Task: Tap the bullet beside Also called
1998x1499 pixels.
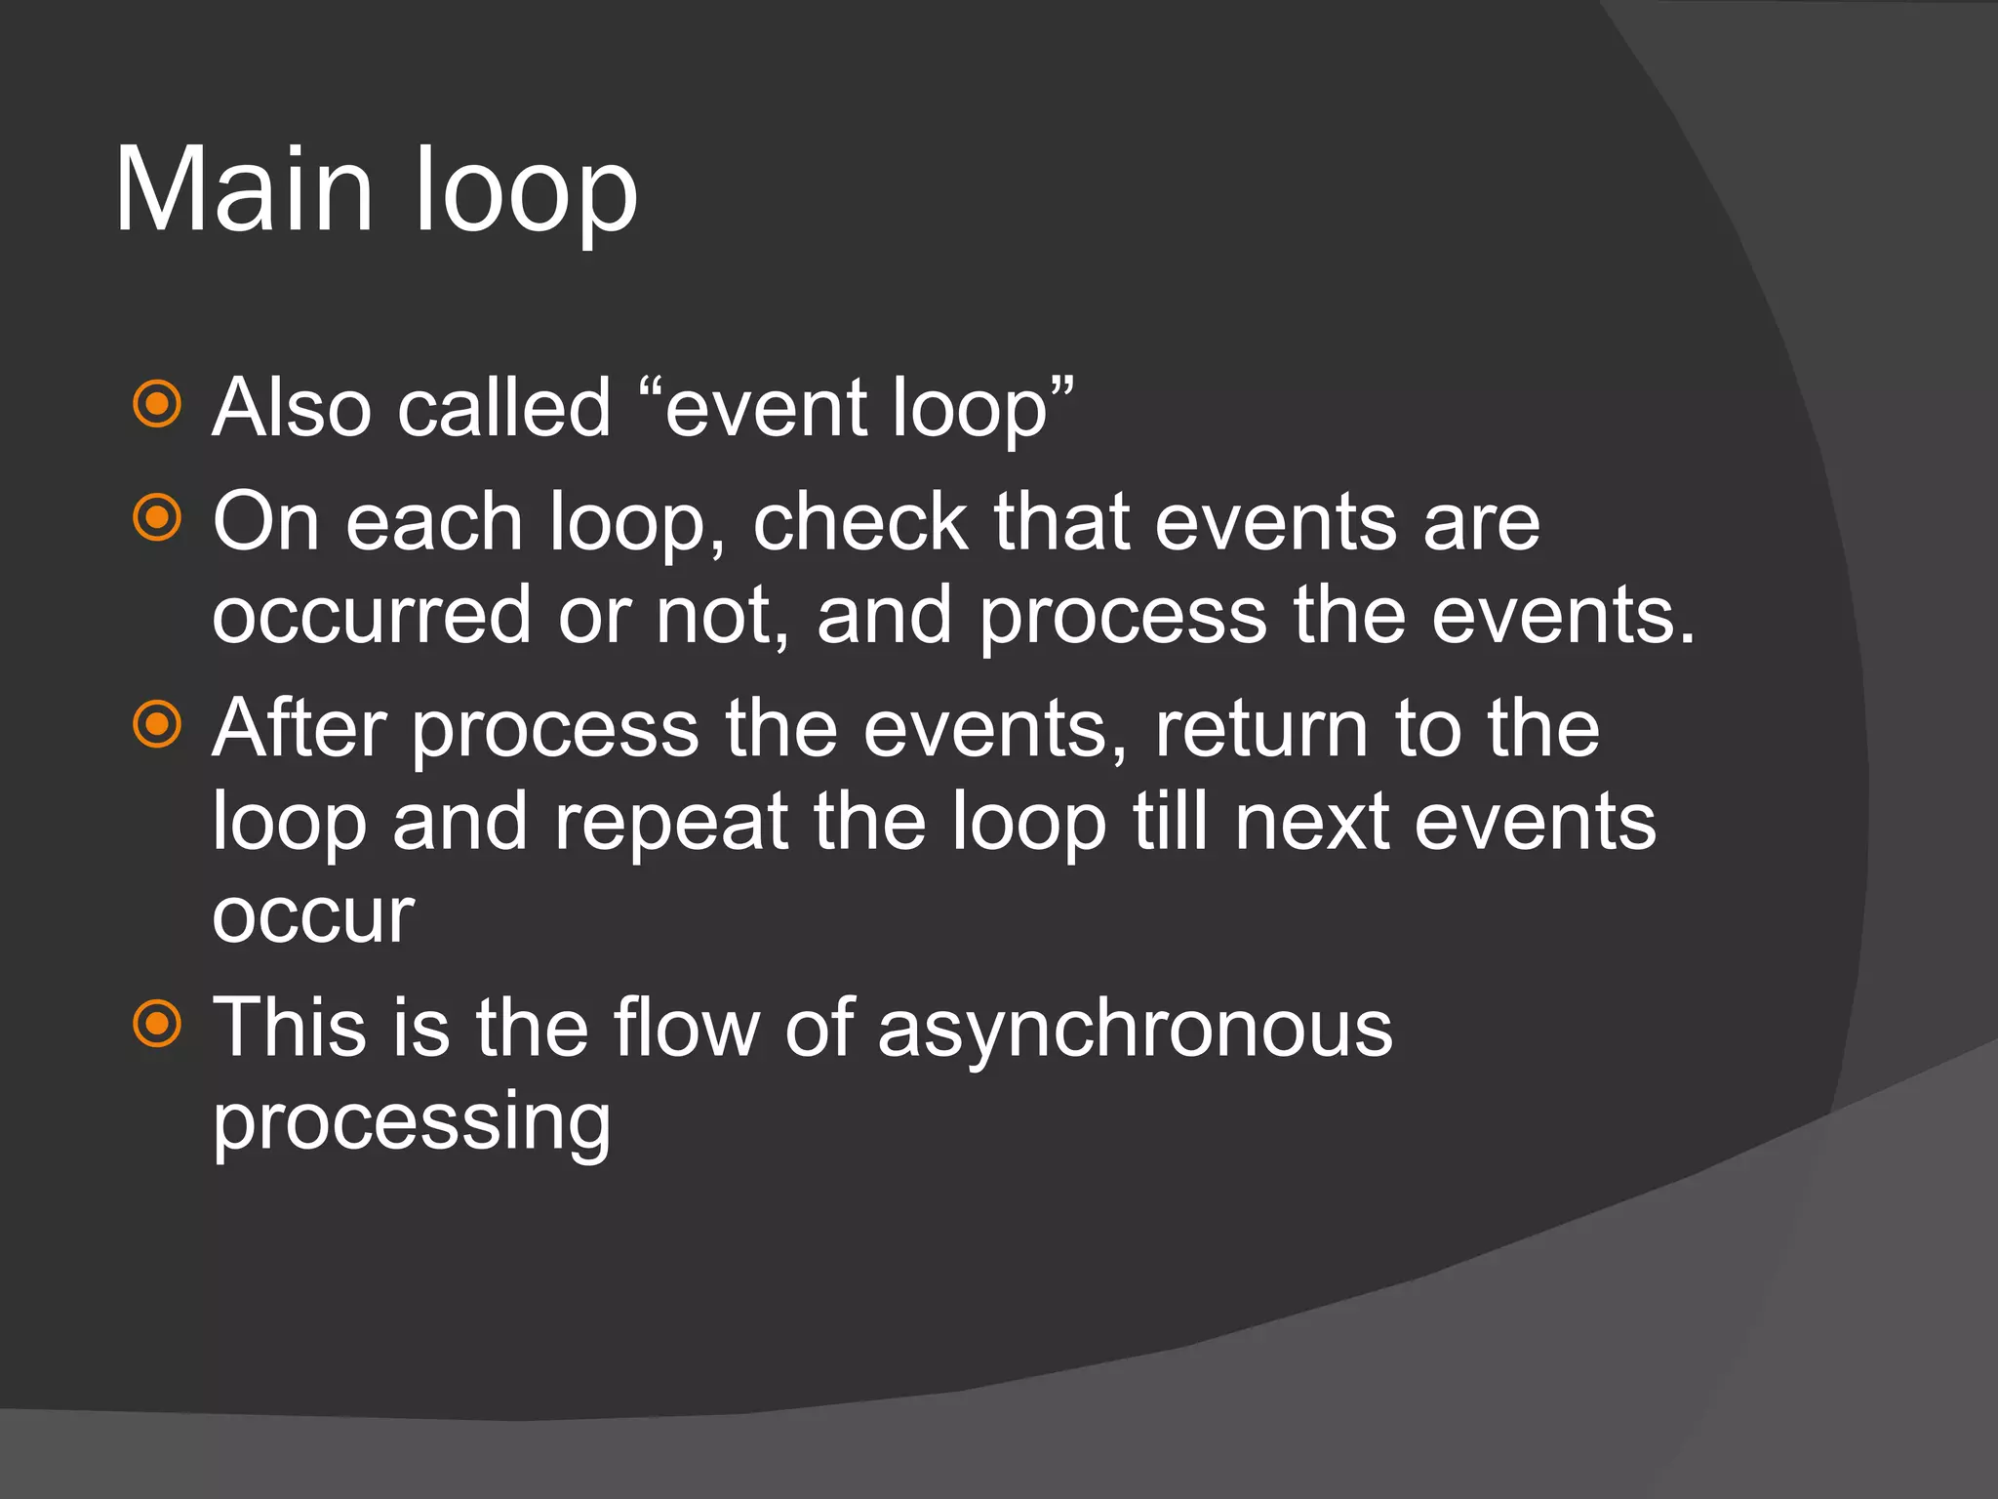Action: [157, 404]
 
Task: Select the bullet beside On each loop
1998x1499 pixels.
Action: [157, 517]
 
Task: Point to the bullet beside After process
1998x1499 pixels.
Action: [157, 724]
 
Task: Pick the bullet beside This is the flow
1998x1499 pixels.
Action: [157, 1024]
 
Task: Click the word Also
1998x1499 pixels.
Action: [292, 407]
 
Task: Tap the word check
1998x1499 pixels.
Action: [859, 522]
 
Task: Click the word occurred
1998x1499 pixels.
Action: [372, 617]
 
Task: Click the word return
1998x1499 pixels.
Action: [1262, 730]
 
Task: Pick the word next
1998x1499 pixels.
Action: [1312, 822]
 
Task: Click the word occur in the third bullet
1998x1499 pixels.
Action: [313, 917]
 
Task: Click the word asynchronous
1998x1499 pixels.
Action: [1135, 1031]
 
